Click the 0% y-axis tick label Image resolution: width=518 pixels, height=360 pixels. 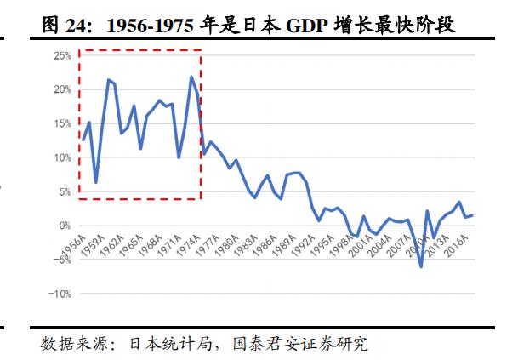(x=63, y=226)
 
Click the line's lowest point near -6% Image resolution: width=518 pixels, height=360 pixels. (x=421, y=266)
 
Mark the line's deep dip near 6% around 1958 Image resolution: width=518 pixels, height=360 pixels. (x=96, y=182)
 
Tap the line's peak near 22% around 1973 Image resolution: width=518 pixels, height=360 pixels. (x=192, y=77)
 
